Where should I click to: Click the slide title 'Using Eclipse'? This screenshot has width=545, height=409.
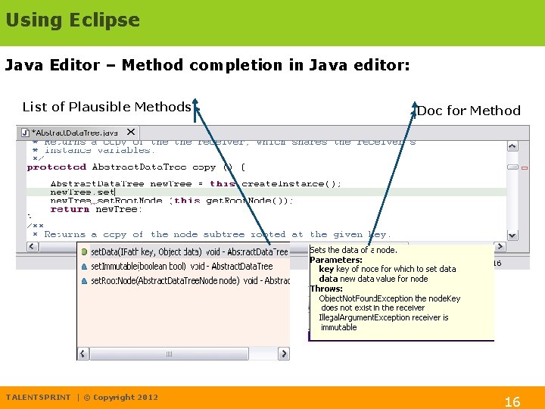coord(73,20)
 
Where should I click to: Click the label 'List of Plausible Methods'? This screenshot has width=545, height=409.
coord(107,107)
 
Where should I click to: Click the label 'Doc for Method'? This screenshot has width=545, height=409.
coord(469,111)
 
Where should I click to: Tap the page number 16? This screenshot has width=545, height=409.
coord(512,401)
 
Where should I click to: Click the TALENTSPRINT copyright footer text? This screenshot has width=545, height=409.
coord(82,397)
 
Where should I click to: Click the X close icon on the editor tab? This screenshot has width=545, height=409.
coord(130,132)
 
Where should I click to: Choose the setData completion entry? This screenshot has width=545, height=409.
coord(185,251)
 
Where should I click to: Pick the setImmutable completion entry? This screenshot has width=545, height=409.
coord(182,266)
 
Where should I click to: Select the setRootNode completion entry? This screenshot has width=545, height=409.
coord(185,280)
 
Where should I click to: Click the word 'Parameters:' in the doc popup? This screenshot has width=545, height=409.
coord(336,260)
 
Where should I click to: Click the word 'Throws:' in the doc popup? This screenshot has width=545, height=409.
coord(326,289)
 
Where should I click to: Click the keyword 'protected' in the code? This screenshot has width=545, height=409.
coord(57,167)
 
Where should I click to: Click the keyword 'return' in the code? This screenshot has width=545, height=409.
coord(70,209)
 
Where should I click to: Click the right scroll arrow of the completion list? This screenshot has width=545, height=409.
coord(283,354)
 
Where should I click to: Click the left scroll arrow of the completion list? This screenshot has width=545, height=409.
coord(83,354)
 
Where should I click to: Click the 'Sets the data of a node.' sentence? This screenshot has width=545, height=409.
coord(353,250)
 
